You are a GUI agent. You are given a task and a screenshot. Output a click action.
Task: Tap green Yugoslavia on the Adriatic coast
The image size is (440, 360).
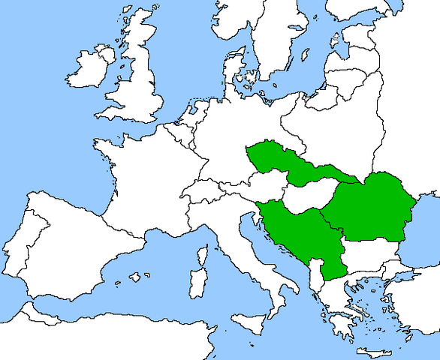coord(300,232)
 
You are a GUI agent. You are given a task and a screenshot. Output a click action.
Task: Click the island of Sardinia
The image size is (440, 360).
coord(197,281)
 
